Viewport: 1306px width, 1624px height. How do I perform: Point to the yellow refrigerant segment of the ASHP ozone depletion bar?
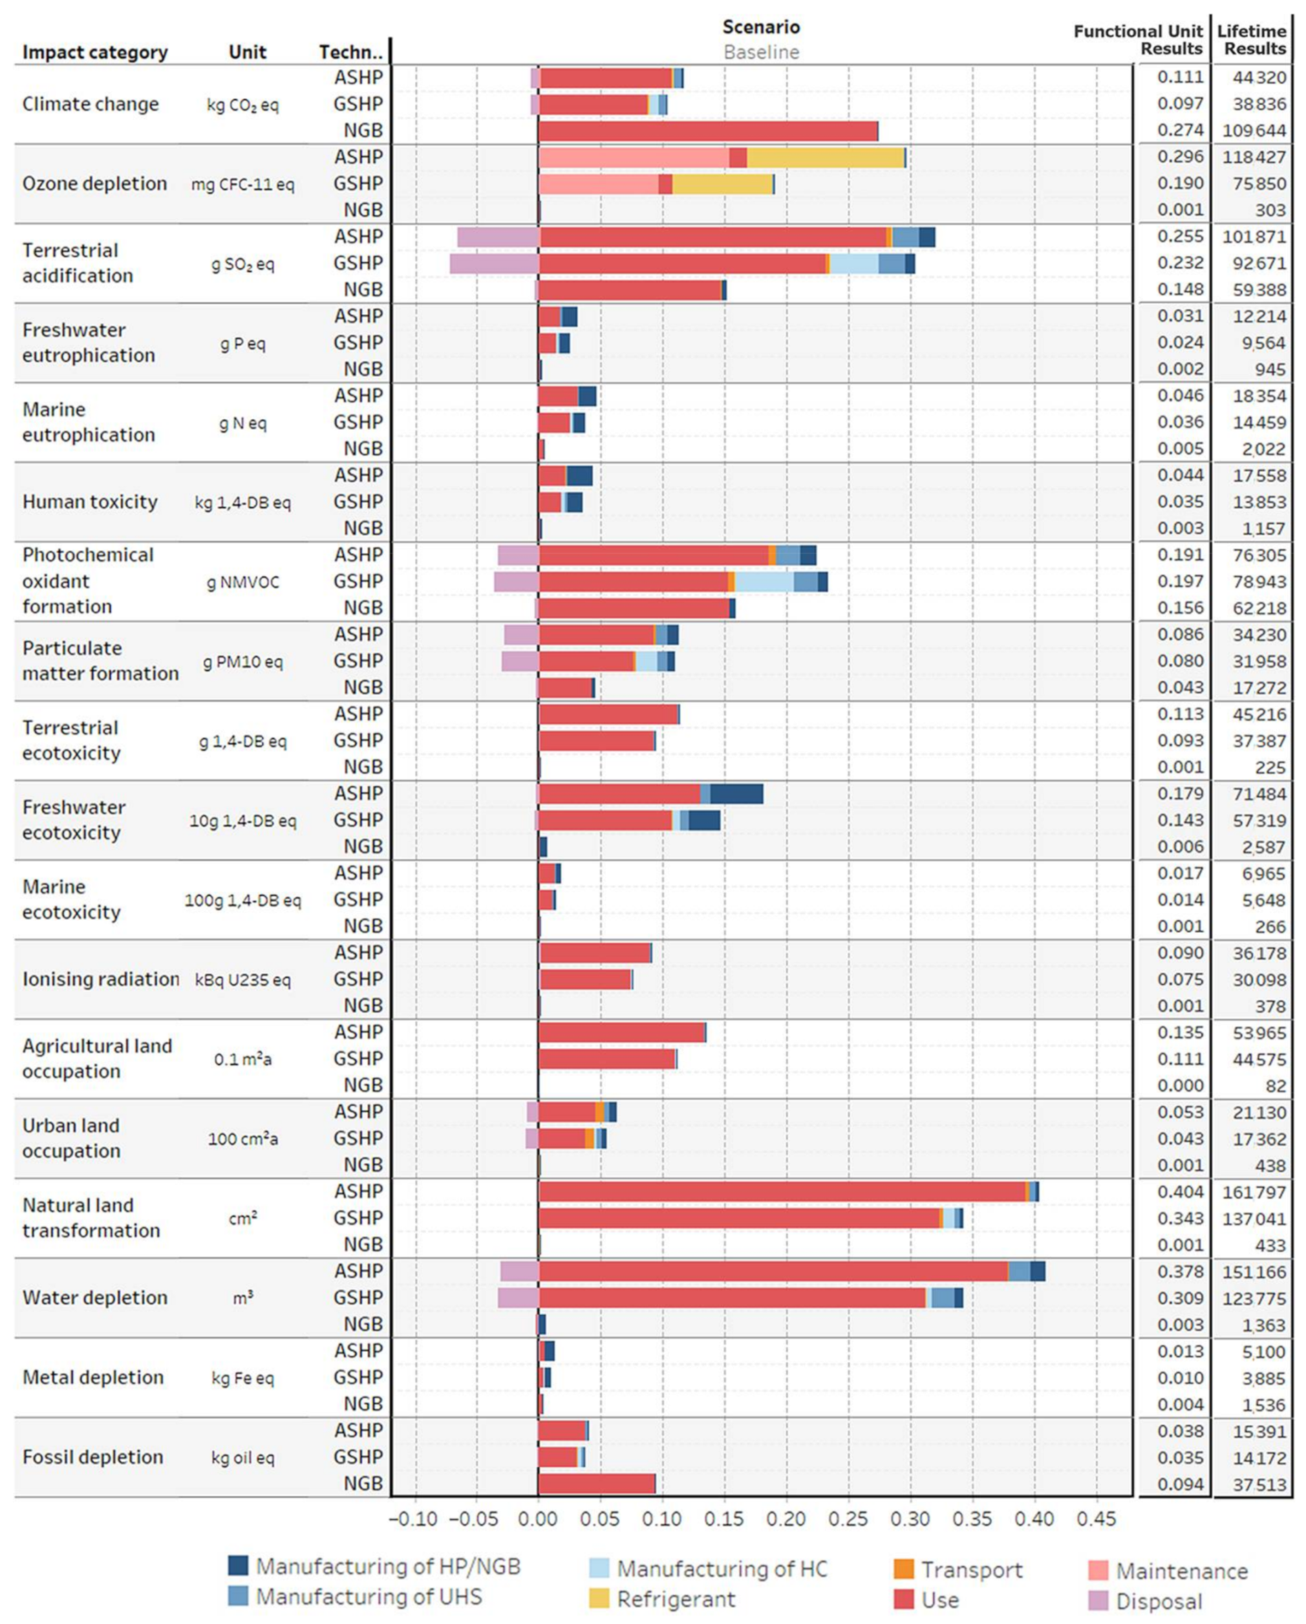(x=825, y=158)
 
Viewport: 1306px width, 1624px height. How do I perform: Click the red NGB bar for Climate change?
(x=708, y=131)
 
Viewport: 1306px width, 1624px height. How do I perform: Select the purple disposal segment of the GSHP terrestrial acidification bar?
(x=494, y=264)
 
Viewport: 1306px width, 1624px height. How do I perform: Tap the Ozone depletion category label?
(x=94, y=184)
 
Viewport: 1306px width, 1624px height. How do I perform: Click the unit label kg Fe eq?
(x=242, y=1378)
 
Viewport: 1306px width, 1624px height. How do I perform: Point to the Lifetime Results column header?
(x=1251, y=40)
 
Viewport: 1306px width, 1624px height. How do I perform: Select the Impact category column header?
(x=95, y=52)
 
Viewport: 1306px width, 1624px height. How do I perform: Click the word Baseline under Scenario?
(x=761, y=52)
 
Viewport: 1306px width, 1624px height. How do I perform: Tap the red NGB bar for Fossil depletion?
(x=597, y=1484)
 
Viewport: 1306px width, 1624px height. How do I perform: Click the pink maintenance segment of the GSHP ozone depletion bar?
(x=598, y=184)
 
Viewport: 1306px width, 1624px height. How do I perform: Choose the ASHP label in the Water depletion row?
(x=359, y=1272)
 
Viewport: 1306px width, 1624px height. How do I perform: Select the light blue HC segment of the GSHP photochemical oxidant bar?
(x=764, y=581)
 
